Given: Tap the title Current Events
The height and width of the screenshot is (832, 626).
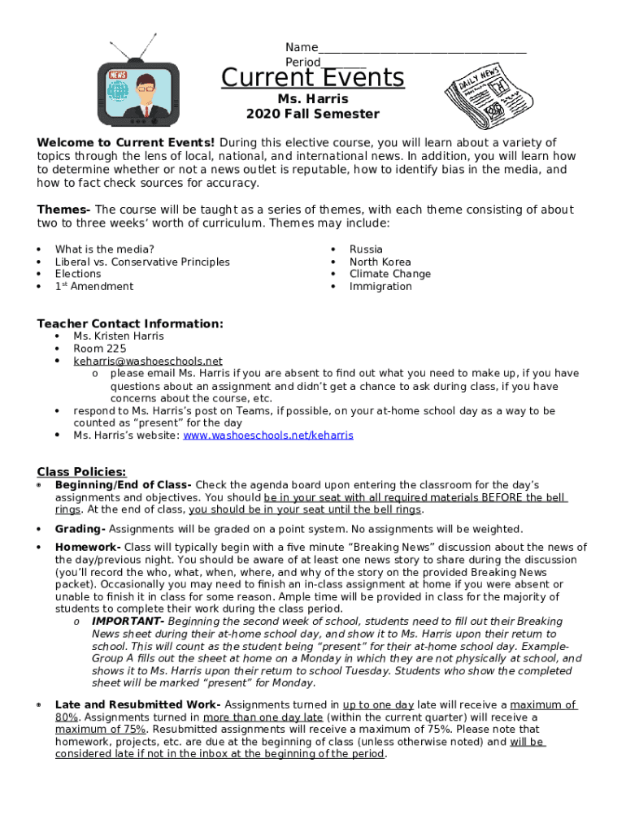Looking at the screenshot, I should click(313, 78).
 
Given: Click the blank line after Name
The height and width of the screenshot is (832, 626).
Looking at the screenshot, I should click(422, 48).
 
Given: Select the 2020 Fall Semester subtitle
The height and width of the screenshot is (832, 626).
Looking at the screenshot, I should click(313, 114).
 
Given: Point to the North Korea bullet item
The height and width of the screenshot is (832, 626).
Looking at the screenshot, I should click(380, 262).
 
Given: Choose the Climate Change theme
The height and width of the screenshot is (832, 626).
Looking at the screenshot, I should click(390, 274).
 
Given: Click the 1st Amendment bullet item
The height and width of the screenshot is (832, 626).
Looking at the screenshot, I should click(94, 286).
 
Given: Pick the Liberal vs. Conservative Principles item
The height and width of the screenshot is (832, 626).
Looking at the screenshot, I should click(142, 262).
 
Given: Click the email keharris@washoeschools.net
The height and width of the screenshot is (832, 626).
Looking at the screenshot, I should click(148, 361).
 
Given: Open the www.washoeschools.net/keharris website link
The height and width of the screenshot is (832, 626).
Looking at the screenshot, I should click(268, 435).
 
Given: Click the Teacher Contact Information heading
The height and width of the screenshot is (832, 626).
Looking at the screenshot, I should click(130, 324).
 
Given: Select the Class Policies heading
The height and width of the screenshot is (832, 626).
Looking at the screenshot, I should click(81, 472).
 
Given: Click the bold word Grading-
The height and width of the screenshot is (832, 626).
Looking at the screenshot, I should click(79, 529).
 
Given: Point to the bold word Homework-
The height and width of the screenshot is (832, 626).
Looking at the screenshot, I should click(88, 548).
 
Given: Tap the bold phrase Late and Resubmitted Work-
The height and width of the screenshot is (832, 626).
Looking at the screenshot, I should click(137, 705).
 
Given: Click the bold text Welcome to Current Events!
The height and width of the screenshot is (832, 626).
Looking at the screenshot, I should click(126, 143).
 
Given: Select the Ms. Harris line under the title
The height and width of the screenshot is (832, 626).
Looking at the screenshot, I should click(313, 99).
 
